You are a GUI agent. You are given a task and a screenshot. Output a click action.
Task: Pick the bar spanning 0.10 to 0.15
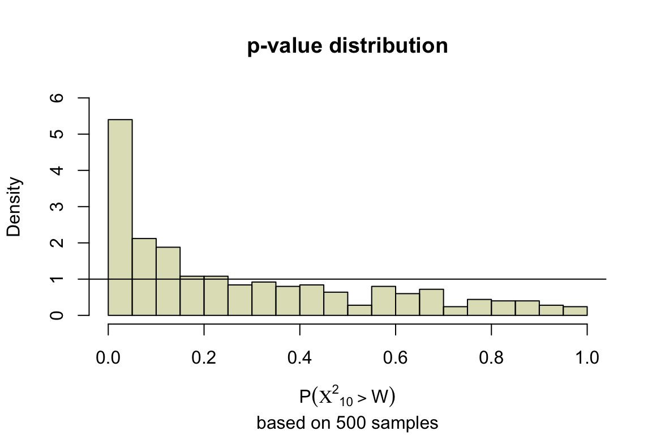[x=168, y=281]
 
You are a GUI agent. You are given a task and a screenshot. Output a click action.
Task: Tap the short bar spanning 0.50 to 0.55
[x=359, y=310]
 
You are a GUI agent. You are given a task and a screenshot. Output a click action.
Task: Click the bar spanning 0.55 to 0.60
[x=383, y=300]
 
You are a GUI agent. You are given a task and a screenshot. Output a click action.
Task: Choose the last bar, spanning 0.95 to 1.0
[x=575, y=310]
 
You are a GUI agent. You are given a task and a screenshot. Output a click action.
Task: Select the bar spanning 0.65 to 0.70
[x=431, y=302]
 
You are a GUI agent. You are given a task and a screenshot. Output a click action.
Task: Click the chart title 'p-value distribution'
[x=348, y=46]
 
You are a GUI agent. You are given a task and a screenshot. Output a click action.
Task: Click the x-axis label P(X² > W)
[x=347, y=397]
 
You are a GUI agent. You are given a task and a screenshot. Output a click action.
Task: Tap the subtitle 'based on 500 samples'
[x=348, y=423]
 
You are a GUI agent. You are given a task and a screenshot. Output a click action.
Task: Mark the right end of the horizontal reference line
[x=605, y=279]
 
